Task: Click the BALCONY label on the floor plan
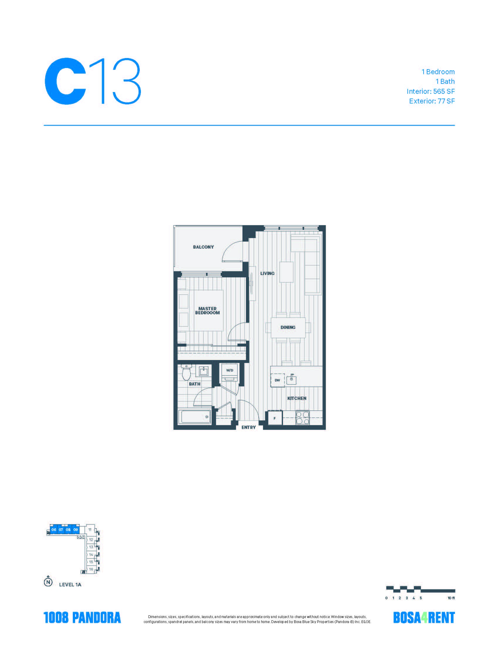[203, 247]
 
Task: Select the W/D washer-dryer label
[230, 370]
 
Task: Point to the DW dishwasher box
[277, 380]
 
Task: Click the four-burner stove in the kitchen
[302, 418]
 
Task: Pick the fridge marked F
[275, 418]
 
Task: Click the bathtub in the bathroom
[196, 417]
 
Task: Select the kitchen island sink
[291, 379]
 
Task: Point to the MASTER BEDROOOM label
[208, 311]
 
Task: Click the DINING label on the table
[288, 327]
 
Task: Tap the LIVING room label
[267, 274]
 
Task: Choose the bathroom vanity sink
[203, 371]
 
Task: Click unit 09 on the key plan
[76, 538]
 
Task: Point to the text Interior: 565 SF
[430, 91]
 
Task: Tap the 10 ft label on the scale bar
[451, 598]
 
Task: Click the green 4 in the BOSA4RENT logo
[425, 617]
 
